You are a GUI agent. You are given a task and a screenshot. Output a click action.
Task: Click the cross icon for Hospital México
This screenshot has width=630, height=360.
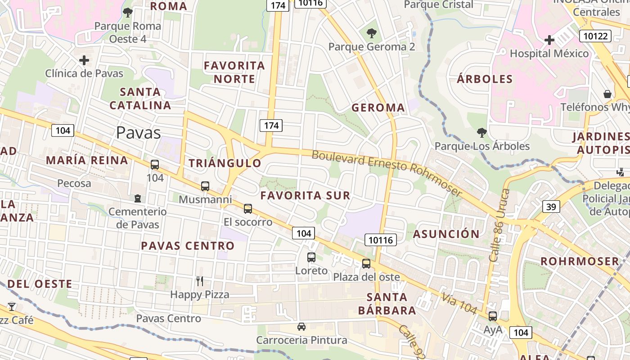point(549,40)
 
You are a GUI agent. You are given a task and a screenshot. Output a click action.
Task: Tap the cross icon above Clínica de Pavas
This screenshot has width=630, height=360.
point(84,60)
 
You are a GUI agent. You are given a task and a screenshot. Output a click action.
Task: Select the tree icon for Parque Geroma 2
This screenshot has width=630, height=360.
point(371,33)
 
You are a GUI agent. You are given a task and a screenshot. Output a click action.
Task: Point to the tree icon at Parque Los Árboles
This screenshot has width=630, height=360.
point(482,133)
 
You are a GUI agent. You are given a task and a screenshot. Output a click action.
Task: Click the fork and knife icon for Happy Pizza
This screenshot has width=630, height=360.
point(200,281)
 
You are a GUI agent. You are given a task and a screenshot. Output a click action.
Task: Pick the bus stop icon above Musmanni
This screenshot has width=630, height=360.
point(205,186)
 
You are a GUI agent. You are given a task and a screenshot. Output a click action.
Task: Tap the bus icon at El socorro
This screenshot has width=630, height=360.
point(248,208)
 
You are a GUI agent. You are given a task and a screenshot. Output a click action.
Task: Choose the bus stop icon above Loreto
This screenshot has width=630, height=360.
point(311,257)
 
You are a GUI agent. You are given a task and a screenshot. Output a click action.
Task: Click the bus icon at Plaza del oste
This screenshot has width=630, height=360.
point(366,264)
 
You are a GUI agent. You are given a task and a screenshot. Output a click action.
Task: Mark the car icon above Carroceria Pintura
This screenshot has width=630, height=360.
point(301,327)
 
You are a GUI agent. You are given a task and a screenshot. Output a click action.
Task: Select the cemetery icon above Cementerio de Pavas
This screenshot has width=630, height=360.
point(138,198)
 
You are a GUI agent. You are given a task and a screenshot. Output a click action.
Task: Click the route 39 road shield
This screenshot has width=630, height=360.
point(551,207)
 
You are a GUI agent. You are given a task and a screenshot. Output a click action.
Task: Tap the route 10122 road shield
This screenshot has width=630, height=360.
point(595,36)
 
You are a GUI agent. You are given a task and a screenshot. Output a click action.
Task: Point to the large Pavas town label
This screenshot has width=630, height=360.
point(138,133)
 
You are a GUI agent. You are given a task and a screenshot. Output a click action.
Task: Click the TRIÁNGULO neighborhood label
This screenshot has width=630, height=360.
point(225,163)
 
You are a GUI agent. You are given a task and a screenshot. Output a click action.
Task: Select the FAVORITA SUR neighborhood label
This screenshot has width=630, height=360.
point(305,195)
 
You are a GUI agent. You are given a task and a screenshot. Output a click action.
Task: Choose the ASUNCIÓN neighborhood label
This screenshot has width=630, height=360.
point(446,234)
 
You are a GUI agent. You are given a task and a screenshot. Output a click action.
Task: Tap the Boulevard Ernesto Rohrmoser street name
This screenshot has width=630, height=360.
point(387,173)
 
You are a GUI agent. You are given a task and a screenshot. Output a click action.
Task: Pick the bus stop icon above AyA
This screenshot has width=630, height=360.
point(493,316)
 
